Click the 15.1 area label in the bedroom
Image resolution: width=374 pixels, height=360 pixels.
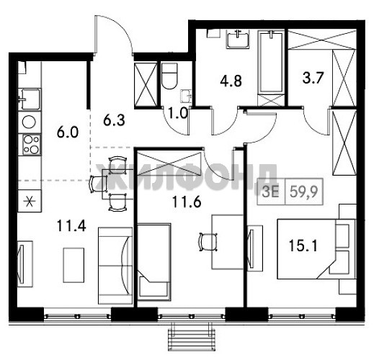[303, 246]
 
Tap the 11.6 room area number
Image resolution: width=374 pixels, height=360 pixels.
[187, 202]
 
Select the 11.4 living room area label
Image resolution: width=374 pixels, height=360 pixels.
[71, 226]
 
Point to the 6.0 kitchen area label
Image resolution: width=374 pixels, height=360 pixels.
[68, 132]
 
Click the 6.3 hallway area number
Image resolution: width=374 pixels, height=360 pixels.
[114, 120]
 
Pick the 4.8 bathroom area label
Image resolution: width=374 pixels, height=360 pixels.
[231, 81]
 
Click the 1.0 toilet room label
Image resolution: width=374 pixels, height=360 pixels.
[178, 113]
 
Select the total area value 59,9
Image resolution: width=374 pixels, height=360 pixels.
[304, 192]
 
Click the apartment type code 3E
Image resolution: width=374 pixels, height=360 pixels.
[270, 192]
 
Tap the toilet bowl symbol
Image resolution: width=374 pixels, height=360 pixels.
[169, 76]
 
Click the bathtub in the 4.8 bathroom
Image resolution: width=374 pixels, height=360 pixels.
[271, 63]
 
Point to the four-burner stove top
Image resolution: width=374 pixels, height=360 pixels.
[32, 145]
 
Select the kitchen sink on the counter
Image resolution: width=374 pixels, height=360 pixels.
[30, 99]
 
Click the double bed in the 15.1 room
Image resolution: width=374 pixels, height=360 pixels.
[316, 249]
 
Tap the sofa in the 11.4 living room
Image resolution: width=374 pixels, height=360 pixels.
[115, 266]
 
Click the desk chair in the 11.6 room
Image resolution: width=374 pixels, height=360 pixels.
[208, 242]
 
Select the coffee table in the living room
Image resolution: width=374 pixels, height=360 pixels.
[74, 265]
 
